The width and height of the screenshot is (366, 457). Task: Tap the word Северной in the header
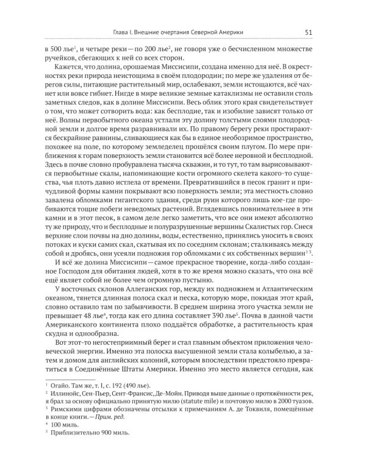[220, 34]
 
